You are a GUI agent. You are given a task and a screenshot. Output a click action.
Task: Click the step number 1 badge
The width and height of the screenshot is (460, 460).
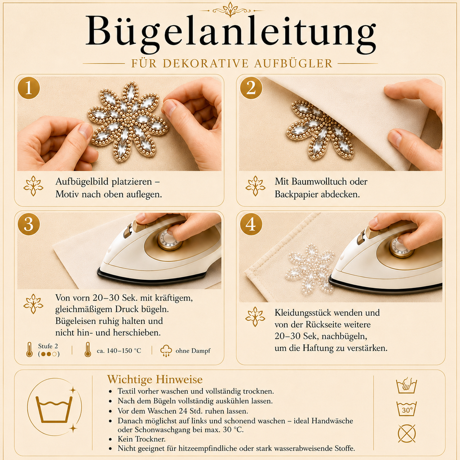coord(29,88)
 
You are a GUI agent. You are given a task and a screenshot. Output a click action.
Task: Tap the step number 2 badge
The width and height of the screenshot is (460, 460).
coord(251,88)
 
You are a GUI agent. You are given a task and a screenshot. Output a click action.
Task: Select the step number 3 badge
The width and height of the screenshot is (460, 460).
coord(29,224)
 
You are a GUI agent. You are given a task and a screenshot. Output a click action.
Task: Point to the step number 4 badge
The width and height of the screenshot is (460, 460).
coord(251,224)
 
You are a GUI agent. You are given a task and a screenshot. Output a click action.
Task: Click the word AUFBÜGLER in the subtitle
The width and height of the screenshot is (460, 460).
coord(293,63)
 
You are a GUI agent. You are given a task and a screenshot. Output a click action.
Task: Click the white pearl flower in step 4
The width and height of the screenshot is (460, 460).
coord(310,270)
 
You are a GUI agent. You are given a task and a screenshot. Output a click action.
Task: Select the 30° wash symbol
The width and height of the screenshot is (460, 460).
coord(407,409)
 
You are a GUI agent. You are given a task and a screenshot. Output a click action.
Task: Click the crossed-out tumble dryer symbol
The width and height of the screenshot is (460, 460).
coord(407,433)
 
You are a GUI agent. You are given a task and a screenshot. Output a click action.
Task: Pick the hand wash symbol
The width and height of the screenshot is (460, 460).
coord(407,385)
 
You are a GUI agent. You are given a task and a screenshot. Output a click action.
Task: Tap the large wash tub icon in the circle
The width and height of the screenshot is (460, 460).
coord(54,410)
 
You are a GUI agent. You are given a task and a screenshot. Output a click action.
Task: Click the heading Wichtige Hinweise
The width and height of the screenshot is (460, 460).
coord(155,379)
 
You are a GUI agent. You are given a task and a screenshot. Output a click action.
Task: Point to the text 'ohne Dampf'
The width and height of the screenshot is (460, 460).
coord(193,350)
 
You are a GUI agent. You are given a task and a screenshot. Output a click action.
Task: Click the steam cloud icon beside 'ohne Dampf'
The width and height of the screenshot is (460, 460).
coord(166,350)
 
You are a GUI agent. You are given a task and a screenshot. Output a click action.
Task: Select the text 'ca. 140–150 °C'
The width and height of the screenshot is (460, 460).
coord(119,350)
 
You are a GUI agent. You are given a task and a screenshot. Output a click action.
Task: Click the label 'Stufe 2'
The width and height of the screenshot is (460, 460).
coord(48,346)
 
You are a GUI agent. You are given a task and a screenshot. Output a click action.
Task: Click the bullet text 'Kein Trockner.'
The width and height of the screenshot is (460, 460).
coord(142,439)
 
